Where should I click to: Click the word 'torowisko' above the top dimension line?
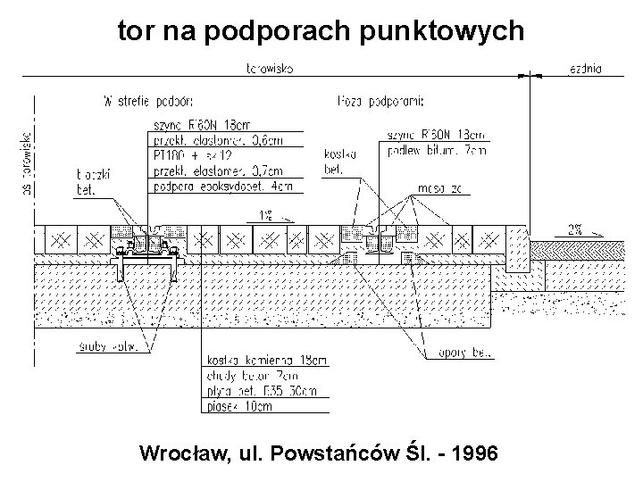(271, 67)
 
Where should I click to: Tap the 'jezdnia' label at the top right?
(584, 67)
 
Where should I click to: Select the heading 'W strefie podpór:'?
(148, 100)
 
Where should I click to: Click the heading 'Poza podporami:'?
(382, 100)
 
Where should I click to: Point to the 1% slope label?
(266, 214)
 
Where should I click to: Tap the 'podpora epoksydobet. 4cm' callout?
(223, 187)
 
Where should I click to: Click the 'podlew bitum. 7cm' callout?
(438, 152)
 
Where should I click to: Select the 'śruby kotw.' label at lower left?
(108, 347)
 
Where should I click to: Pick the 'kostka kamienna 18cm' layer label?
(266, 360)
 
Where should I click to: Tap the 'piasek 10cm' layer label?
(241, 408)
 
